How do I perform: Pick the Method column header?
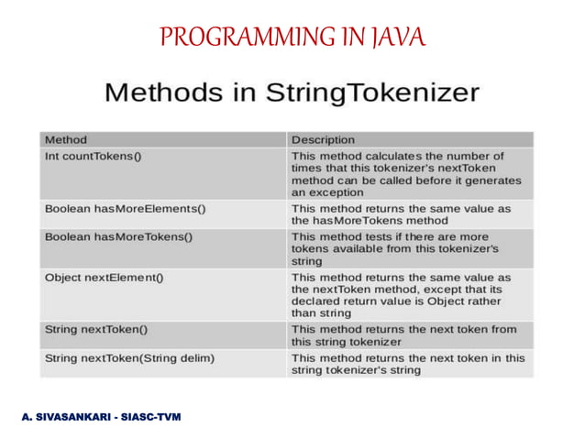coord(66,139)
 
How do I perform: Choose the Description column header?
coord(323,139)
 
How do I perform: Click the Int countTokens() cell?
coord(93,157)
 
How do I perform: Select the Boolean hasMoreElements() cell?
coord(125,208)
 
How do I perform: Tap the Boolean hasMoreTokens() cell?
coord(118,235)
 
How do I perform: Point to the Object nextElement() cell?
coord(104,277)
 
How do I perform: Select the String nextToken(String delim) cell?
coord(129,357)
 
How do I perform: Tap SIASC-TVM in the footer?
coord(152,417)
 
